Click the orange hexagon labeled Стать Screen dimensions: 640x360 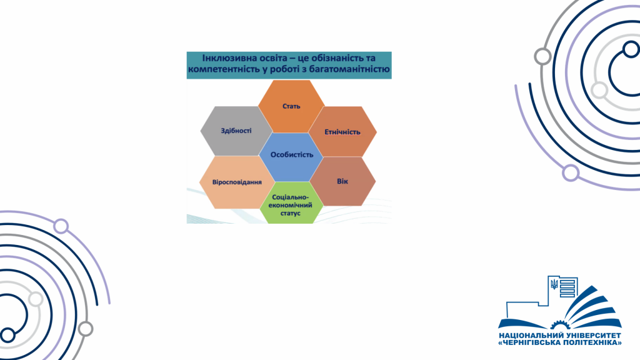point(291,106)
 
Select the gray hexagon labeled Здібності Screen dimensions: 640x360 point(236,131)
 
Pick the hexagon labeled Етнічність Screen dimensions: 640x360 point(342,131)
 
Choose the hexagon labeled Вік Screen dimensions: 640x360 point(342,181)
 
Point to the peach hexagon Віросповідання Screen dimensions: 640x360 point(237,182)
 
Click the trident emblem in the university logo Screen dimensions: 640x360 point(554,284)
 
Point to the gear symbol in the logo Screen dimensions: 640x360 point(559,325)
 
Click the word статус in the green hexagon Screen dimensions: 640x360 point(290,213)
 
